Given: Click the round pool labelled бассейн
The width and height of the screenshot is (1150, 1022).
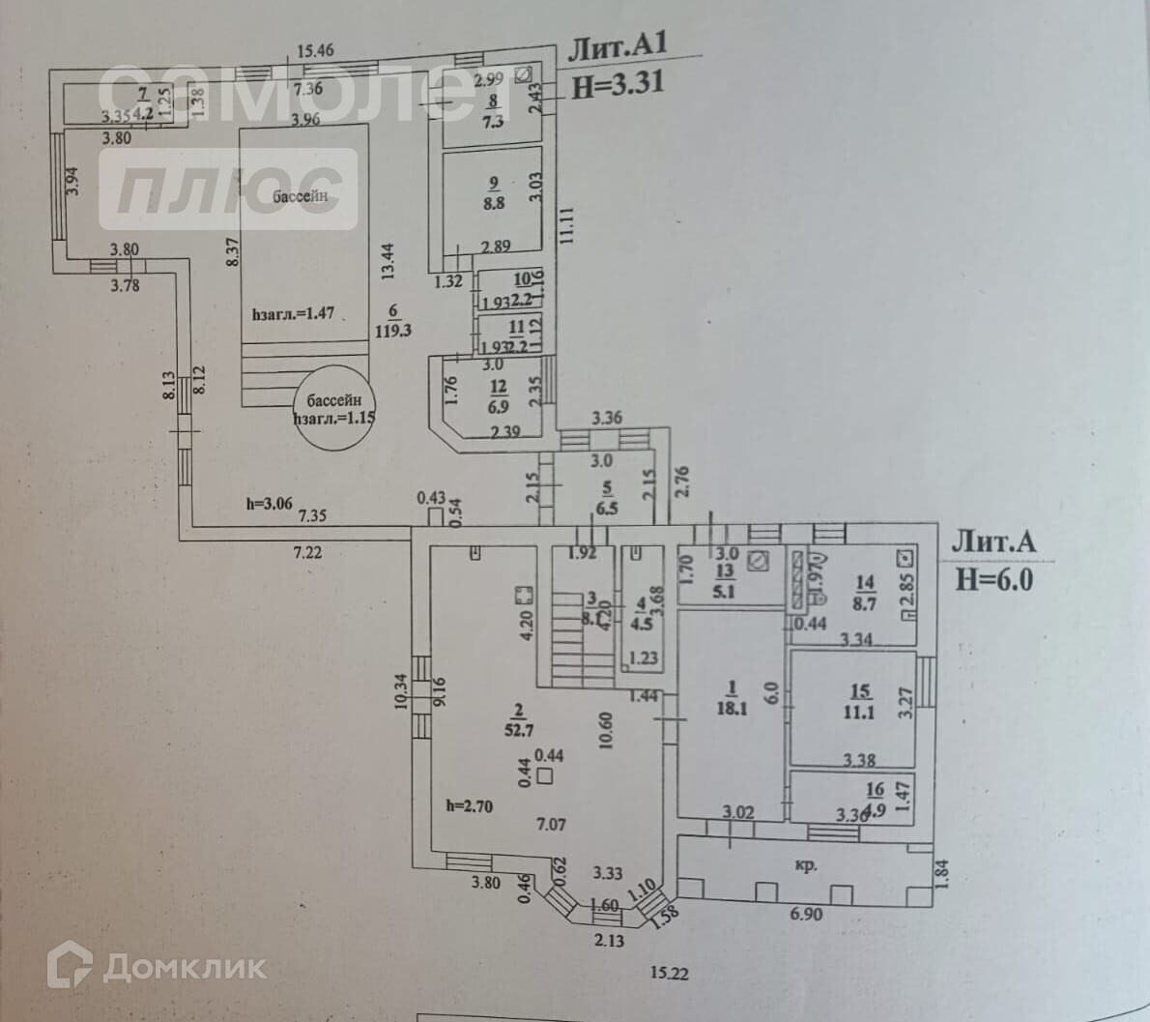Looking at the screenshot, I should [333, 410].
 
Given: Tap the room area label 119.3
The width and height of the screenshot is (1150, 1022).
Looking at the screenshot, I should [392, 328].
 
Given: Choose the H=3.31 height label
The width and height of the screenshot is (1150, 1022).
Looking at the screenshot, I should [618, 83].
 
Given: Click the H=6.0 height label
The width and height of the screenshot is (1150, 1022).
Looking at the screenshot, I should [994, 578].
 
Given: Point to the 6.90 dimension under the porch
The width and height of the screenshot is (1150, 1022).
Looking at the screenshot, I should [804, 913].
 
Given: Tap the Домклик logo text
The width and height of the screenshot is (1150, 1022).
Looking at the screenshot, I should [184, 966].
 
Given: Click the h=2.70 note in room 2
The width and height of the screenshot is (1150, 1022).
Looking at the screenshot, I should [470, 805].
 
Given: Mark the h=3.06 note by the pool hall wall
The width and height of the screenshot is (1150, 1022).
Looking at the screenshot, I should [268, 503].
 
